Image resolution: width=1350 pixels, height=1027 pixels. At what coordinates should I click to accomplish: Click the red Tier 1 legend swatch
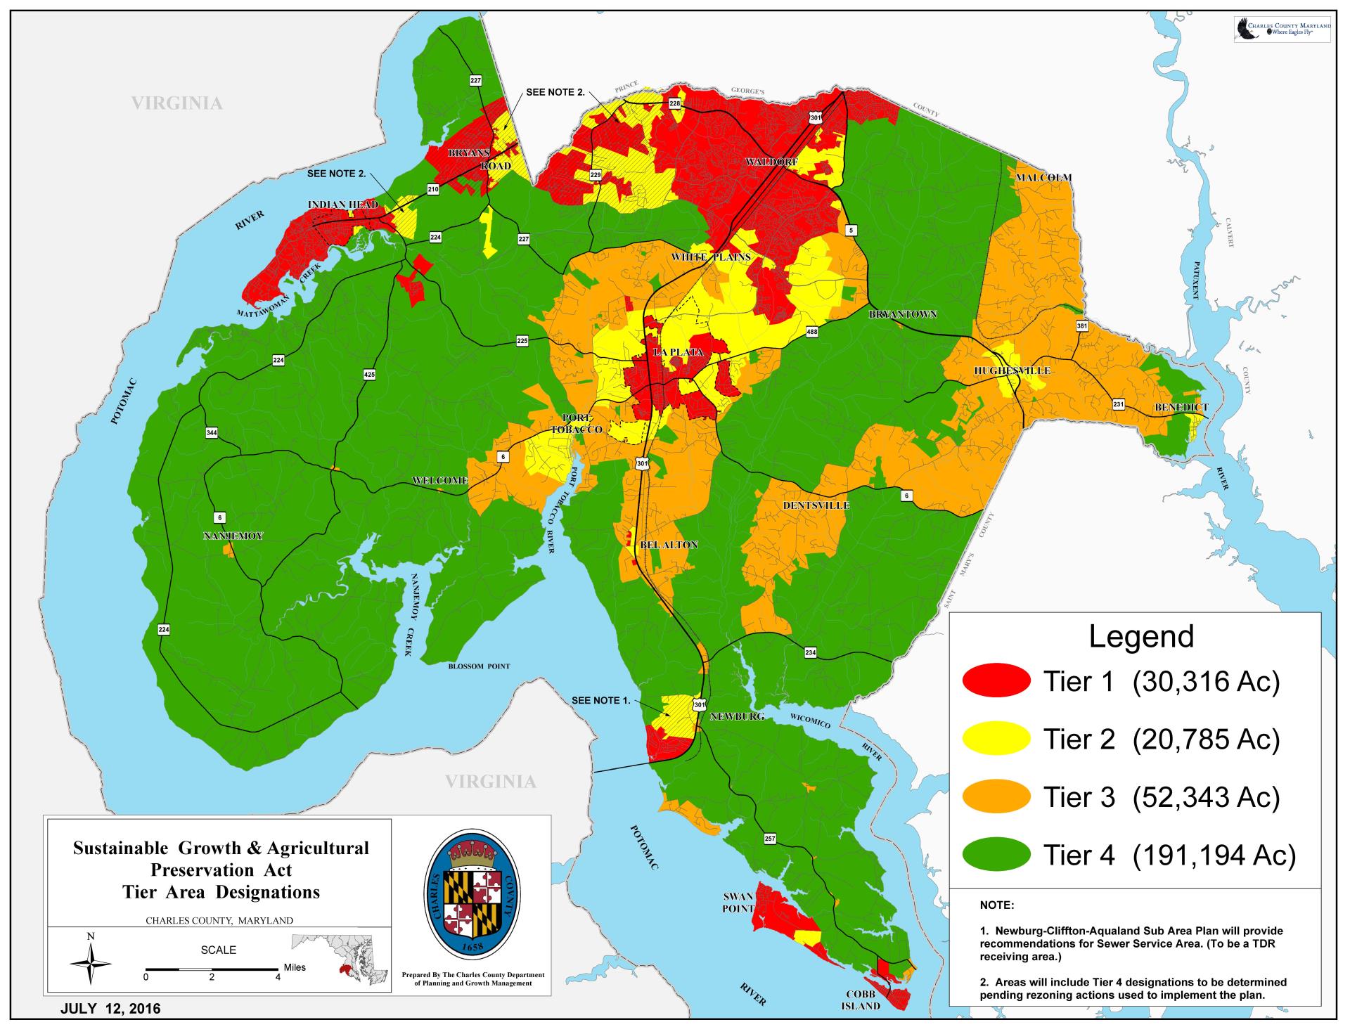tap(996, 680)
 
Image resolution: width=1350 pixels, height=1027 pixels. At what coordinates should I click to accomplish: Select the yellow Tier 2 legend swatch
tap(996, 739)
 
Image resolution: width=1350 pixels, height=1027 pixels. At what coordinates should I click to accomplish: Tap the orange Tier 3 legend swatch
tap(996, 797)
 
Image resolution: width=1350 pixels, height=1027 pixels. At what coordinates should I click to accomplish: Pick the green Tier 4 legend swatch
tap(996, 855)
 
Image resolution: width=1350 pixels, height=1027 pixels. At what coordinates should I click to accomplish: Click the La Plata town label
tap(678, 352)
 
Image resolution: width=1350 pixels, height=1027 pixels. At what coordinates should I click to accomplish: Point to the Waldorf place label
tap(771, 162)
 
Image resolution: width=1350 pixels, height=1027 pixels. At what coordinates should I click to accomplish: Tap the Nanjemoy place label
tap(233, 536)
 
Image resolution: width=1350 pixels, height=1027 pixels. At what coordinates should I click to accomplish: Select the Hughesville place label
tap(1012, 370)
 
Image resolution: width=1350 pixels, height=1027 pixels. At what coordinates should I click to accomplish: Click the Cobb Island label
tap(861, 1000)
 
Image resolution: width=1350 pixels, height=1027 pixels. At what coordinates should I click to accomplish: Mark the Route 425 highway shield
tap(369, 375)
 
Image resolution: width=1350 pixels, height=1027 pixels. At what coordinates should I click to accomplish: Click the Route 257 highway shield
tap(770, 839)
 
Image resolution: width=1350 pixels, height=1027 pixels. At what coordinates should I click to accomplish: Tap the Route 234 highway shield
tap(811, 653)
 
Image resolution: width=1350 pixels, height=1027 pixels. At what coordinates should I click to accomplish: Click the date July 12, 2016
tap(110, 1009)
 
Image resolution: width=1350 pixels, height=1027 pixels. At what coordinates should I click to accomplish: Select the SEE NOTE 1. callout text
tap(601, 700)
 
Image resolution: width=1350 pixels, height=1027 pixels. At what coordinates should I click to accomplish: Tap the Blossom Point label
tap(479, 666)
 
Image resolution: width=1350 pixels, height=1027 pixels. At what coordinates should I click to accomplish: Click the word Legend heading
tap(1140, 636)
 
